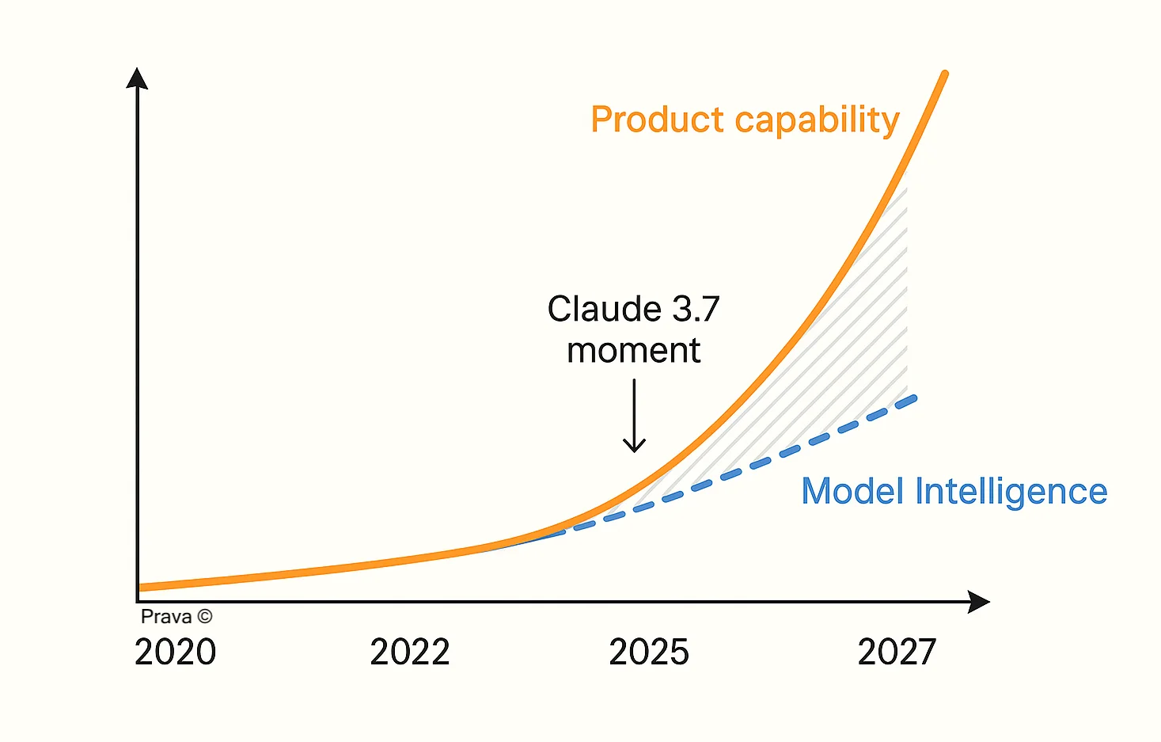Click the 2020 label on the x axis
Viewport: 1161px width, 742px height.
pos(175,652)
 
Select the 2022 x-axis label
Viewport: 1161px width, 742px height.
pos(410,652)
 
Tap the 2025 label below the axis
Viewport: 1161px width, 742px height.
pos(649,652)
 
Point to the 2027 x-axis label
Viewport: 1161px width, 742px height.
pos(897,652)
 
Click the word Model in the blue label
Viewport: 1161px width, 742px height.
pos(852,491)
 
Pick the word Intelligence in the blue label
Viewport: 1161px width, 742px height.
pos(1011,493)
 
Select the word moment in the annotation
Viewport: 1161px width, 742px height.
pos(633,350)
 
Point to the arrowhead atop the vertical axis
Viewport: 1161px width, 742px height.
pos(137,77)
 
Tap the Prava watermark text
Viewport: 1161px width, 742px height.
pos(166,617)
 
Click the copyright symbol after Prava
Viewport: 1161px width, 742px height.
pos(204,617)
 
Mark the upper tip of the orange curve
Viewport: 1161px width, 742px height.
pos(944,74)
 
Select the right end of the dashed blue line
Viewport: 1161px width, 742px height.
pos(913,398)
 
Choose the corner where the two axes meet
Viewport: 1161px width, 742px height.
pos(138,601)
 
